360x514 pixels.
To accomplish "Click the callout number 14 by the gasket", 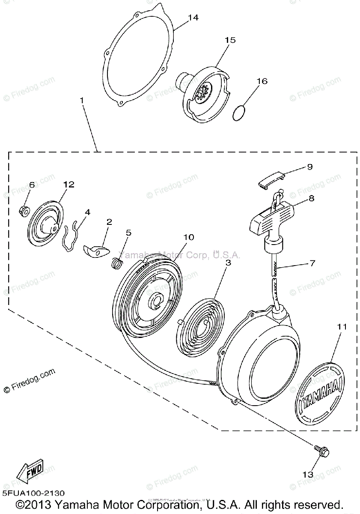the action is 193,18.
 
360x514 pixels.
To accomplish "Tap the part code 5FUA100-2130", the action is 34,494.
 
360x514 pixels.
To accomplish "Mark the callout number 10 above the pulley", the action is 189,237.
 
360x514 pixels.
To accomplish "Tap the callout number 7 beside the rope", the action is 312,263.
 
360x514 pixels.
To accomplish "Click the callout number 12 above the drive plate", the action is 68,185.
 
